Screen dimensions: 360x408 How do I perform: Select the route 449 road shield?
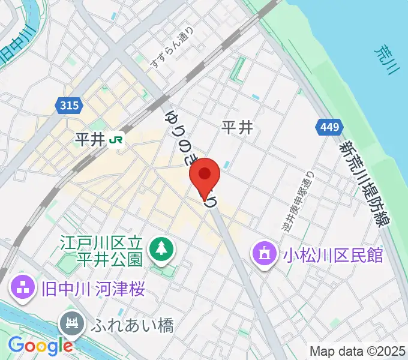click(x=329, y=127)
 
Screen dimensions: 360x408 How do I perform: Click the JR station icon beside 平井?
click(x=116, y=140)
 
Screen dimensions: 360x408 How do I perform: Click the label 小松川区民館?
click(x=333, y=255)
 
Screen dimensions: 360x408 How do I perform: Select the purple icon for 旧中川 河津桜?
click(x=22, y=287)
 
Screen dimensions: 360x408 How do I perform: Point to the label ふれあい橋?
click(x=133, y=326)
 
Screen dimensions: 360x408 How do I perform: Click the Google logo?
click(x=40, y=345)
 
